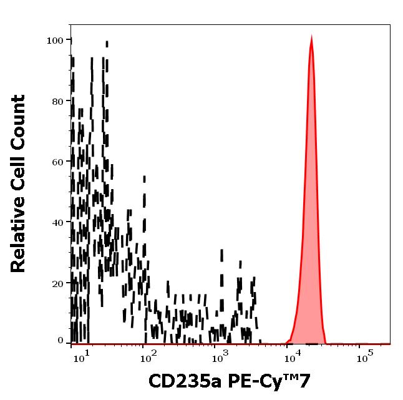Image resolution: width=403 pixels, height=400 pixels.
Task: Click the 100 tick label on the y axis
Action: coord(55,40)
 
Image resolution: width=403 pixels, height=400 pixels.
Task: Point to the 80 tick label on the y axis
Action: coord(57,101)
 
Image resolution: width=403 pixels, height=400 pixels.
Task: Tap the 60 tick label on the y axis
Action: coord(57,162)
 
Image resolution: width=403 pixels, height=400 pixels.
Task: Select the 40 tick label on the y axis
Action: coord(57,223)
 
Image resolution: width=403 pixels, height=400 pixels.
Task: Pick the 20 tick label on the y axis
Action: coord(57,283)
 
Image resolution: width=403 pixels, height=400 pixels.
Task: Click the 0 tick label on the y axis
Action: coord(61,341)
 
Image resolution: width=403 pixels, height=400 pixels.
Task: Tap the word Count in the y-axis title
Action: coord(19,121)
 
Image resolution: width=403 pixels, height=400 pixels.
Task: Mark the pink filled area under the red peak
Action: coord(310,250)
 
